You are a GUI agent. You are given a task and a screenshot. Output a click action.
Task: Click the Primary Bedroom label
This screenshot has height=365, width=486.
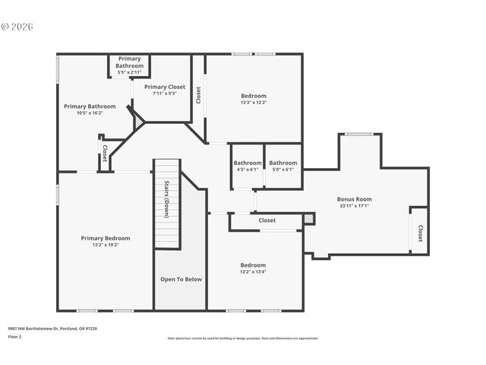[x=106, y=238]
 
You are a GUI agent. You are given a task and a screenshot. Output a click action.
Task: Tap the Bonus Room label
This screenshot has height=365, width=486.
[x=355, y=199]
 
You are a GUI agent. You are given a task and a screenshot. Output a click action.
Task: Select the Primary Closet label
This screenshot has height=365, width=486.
[x=164, y=87]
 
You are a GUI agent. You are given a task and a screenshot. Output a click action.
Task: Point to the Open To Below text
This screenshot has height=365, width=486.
[x=181, y=279]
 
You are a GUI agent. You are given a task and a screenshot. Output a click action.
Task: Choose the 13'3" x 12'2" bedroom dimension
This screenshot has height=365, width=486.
[x=254, y=103]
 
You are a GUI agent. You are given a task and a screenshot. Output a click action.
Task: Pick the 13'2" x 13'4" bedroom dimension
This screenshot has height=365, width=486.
[x=253, y=271]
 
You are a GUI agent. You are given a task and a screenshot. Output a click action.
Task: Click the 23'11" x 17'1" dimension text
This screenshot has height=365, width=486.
[x=355, y=205]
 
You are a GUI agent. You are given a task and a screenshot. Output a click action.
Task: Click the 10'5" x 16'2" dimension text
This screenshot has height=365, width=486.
[x=90, y=113]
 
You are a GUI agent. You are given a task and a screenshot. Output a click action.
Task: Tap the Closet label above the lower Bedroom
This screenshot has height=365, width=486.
[x=267, y=221]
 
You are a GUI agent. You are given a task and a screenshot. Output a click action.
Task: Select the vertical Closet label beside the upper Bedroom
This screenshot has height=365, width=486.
[x=198, y=95]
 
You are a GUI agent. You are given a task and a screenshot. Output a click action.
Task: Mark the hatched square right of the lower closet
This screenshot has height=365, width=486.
[x=308, y=219]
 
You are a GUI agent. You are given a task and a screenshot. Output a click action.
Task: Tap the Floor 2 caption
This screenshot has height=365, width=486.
[x=14, y=336]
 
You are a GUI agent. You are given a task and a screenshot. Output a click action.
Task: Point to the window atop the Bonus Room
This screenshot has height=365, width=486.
[x=358, y=135]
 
